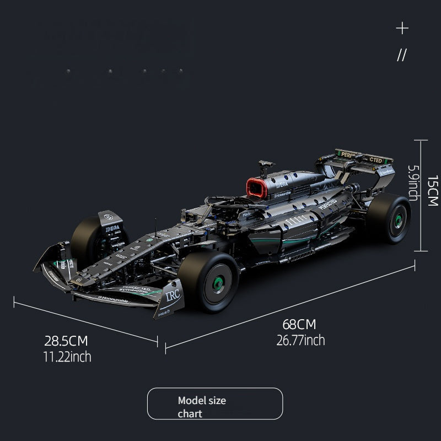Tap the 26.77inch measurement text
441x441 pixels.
click(300, 340)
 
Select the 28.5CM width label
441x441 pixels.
click(66, 341)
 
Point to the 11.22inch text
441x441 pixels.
click(67, 357)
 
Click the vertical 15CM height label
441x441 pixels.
click(433, 191)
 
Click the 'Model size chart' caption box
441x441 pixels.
click(214, 404)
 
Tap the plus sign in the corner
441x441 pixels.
click(402, 28)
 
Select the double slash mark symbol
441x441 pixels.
click(402, 55)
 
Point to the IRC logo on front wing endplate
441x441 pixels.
click(173, 295)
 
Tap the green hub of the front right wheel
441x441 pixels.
click(218, 284)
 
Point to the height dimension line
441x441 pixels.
click(421, 196)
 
